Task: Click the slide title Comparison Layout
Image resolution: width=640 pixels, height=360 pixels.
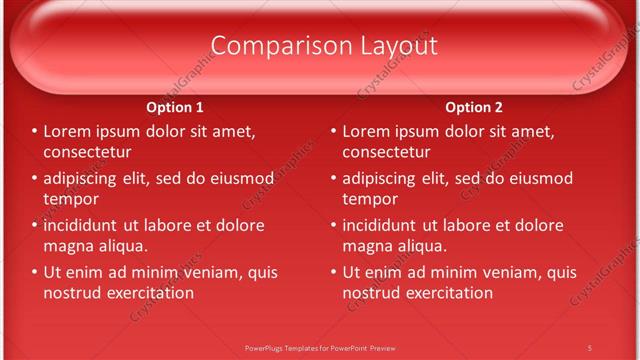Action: click(324, 46)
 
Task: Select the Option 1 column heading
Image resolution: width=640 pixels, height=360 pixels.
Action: click(175, 108)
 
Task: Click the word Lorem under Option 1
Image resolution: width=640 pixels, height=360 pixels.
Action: click(67, 131)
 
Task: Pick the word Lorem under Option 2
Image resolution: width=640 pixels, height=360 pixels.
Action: click(366, 131)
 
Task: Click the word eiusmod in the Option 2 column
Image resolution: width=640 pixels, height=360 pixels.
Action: click(540, 179)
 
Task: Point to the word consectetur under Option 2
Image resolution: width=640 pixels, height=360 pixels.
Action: click(386, 152)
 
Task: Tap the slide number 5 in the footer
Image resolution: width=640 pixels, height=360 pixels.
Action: click(589, 347)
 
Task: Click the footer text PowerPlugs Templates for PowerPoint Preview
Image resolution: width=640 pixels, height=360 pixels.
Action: click(320, 347)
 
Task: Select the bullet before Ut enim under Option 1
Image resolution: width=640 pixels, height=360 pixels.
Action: click(35, 272)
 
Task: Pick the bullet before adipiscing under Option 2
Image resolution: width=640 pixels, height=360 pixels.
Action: click(334, 179)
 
